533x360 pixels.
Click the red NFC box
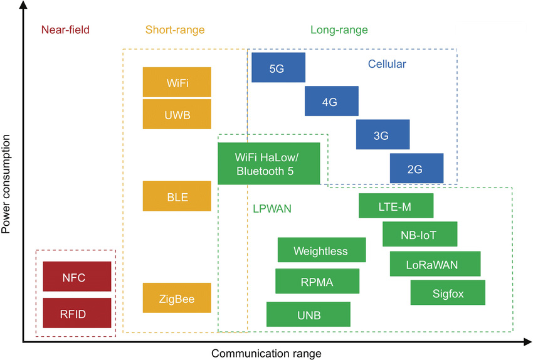point(77,277)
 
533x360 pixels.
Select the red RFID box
point(77,313)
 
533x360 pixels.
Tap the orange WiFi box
point(177,82)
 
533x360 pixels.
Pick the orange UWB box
point(177,114)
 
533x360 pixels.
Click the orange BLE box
point(177,196)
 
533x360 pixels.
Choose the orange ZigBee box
point(177,298)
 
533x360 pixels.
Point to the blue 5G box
point(278,68)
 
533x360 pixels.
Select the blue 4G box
point(331,102)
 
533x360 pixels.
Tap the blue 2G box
point(416,169)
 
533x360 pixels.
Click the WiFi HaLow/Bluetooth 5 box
point(268,164)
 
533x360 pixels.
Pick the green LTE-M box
point(396,206)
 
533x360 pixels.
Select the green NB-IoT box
point(420,234)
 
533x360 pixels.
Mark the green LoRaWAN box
point(435,264)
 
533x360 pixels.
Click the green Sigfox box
point(448,293)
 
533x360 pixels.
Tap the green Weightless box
point(321,250)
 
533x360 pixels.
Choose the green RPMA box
point(317,281)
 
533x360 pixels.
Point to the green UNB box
point(308,314)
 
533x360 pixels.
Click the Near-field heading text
point(65,29)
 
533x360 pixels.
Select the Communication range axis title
point(266,353)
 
